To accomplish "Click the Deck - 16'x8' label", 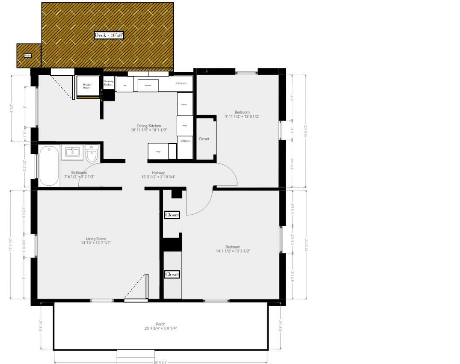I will pos(109,36).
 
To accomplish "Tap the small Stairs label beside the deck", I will pos(28,56).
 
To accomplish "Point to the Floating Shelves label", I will pos(108,83).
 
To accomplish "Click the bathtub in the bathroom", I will pos(48,166).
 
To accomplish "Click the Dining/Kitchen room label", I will pos(146,126).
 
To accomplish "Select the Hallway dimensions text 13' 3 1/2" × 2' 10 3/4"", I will pos(158,177).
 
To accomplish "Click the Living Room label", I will pos(95,239).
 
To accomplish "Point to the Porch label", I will pos(160,324).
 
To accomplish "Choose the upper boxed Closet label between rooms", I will pos(172,215).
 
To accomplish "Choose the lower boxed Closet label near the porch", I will pos(172,274).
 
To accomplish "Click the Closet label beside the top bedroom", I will pos(204,139).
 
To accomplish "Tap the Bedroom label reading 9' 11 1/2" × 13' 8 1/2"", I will pos(242,116).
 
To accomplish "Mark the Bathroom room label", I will pos(79,173).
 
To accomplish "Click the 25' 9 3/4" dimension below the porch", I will pos(160,362).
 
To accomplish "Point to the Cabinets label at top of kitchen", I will pos(181,83).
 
